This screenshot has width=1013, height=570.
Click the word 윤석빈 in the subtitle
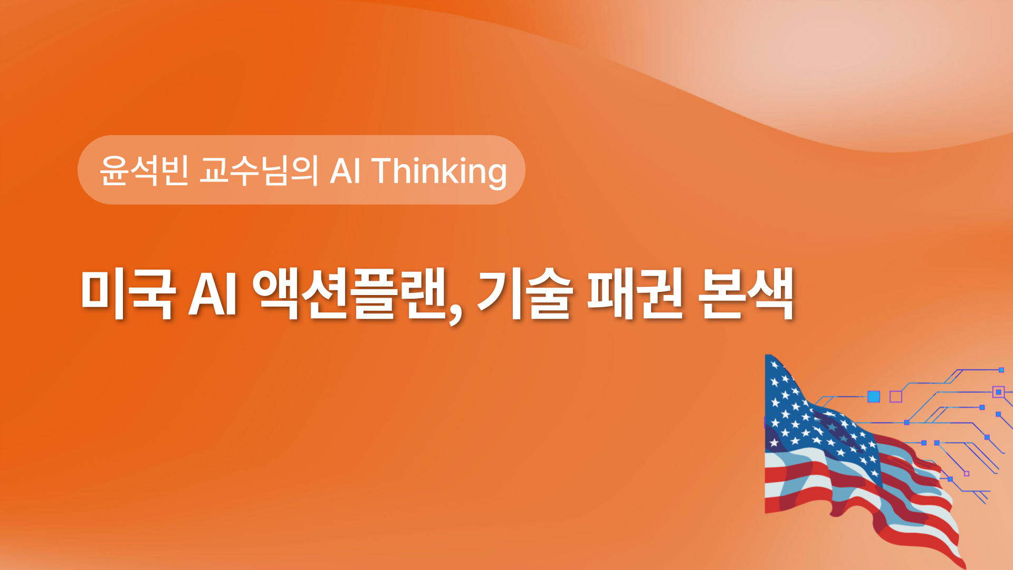144,170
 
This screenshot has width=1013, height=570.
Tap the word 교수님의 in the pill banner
259,170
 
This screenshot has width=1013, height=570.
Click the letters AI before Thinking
346,170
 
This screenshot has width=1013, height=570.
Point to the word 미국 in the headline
127,294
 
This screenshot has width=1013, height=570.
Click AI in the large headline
213,294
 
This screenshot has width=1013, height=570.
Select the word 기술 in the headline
525,294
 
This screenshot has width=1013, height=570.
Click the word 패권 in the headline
635,294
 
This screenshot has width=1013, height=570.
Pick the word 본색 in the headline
746,294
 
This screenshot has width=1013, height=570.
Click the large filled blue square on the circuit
874,396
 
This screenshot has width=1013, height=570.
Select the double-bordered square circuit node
998,392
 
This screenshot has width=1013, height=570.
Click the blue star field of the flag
807,412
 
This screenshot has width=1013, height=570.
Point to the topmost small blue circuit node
1001,370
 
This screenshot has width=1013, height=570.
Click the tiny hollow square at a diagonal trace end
967,473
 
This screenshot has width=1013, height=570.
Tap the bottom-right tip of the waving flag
965,567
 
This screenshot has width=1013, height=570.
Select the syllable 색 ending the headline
771,294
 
